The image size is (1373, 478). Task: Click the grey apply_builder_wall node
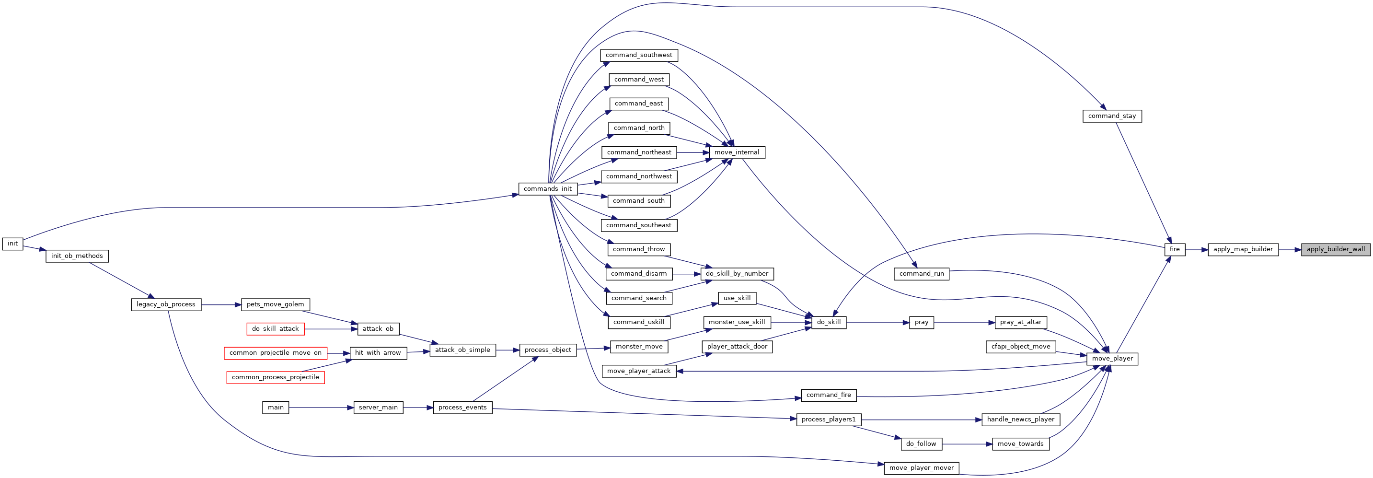1336,249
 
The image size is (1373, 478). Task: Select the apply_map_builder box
1243,249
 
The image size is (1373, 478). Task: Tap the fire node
1175,249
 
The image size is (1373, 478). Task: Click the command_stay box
1112,116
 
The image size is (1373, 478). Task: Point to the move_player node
1112,359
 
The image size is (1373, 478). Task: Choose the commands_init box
548,188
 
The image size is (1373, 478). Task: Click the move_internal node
737,152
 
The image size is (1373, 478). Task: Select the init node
13,243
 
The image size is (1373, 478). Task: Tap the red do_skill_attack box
276,328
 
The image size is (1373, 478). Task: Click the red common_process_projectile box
276,377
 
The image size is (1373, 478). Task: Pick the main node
276,407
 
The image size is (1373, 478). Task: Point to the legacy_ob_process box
166,304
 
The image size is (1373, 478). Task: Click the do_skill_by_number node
737,274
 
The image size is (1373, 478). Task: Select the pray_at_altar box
1021,322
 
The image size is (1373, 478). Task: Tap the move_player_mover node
922,468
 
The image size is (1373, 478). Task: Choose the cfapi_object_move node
1021,346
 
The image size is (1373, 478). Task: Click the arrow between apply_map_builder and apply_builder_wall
1290,249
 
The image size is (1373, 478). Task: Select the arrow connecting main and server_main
322,408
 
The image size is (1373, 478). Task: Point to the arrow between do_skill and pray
878,322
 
